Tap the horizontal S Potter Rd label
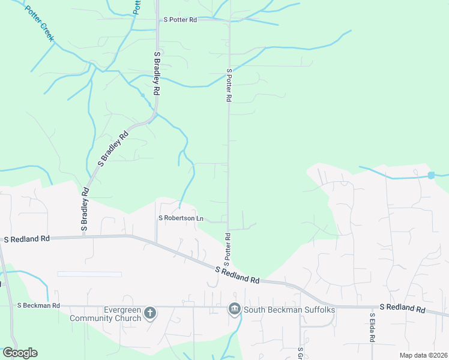(180, 20)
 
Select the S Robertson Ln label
(176, 218)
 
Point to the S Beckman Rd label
(38, 305)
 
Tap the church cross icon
(150, 313)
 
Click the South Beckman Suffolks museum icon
(234, 310)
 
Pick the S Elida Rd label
(372, 327)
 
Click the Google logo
(20, 353)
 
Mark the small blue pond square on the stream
(430, 175)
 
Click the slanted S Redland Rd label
(238, 277)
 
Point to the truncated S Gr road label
(300, 353)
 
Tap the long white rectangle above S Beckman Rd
(89, 274)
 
